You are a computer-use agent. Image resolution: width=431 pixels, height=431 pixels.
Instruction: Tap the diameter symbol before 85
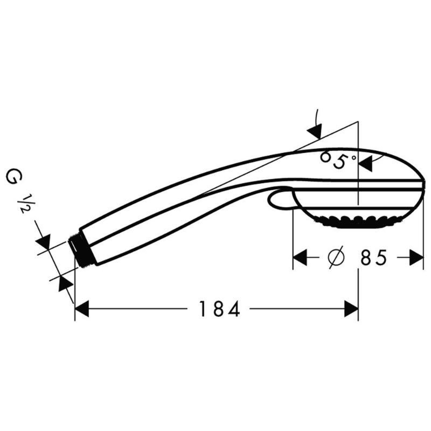click(335, 258)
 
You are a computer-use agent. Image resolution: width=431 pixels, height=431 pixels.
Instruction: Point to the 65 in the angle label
click(332, 160)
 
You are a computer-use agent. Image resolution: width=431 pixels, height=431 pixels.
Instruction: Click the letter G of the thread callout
click(11, 177)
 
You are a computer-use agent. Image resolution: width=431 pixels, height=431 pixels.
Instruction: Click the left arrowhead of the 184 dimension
click(81, 309)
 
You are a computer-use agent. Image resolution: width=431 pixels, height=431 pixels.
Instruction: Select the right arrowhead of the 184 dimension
click(351, 309)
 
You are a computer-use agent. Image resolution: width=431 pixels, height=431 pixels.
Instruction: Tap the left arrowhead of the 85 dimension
click(300, 258)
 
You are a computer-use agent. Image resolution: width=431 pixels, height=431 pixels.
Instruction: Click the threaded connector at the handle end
click(82, 251)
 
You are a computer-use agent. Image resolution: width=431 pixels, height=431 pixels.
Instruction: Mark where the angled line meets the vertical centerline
click(358, 122)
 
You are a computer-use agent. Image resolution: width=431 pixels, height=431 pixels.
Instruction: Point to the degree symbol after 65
click(353, 157)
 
